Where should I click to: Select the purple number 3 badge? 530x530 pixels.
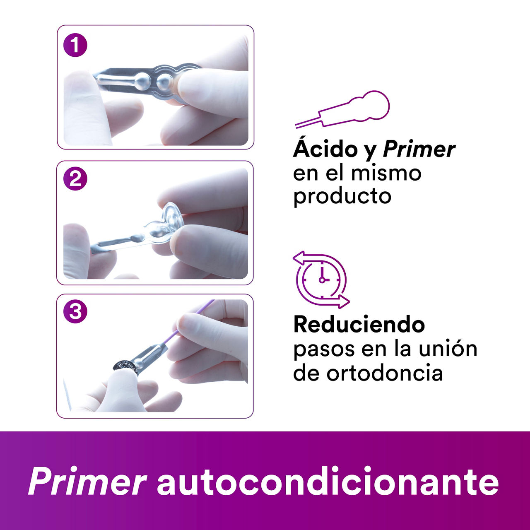75,311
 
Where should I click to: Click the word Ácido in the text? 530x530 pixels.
325,149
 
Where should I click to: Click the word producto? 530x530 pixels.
342,196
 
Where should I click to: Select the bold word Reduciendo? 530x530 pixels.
359,325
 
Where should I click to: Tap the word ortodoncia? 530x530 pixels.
384,373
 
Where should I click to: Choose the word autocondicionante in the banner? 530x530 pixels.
328,482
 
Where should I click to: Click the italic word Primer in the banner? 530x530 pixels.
87,482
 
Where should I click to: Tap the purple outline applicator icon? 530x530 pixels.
344,109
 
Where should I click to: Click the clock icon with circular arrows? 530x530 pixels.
321,279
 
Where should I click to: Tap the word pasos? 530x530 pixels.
324,349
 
